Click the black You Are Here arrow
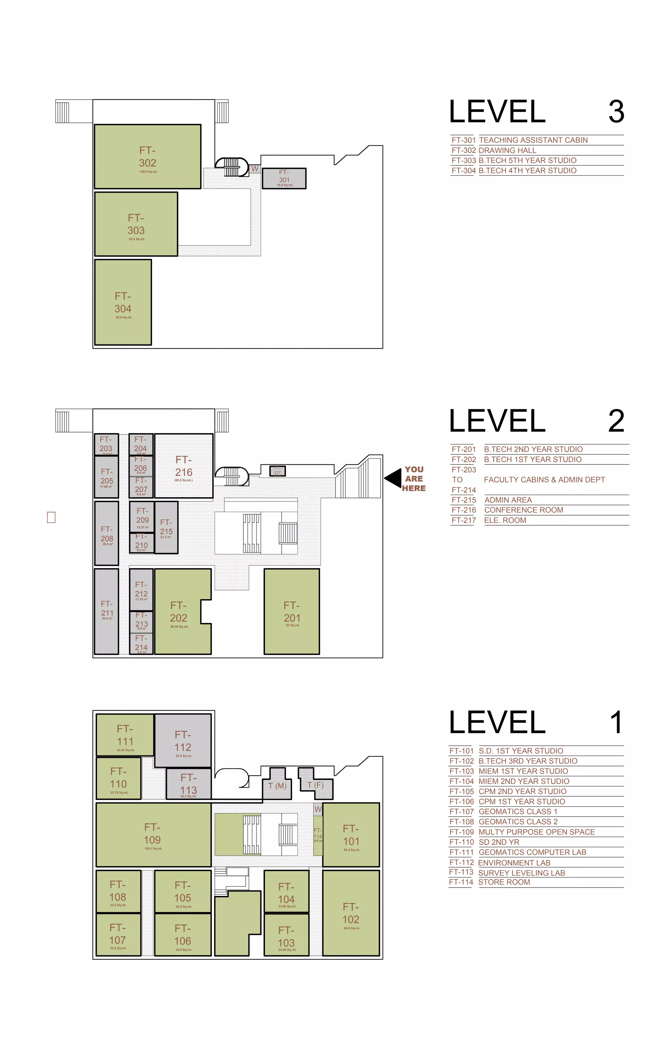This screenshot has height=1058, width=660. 394,478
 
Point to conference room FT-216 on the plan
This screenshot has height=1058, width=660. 184,466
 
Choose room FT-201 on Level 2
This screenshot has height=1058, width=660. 292,611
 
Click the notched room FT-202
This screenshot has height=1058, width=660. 178,611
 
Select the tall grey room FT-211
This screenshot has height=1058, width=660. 106,611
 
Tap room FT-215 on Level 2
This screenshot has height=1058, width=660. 166,527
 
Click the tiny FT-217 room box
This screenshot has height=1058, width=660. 277,471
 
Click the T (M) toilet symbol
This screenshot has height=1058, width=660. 277,786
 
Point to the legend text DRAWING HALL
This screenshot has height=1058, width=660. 507,150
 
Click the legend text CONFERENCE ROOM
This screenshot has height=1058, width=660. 523,510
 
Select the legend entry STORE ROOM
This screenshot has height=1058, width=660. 504,882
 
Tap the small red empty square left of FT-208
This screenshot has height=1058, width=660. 51,517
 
